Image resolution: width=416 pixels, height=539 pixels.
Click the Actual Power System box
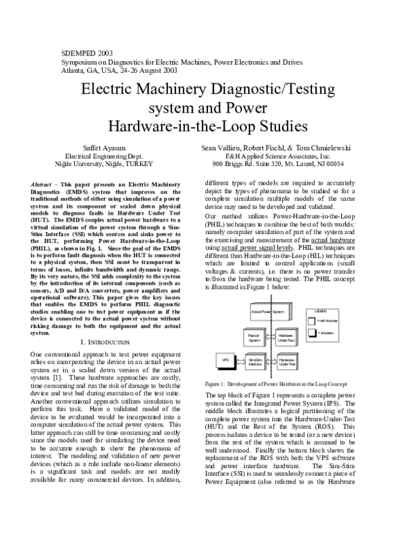tap(268, 313)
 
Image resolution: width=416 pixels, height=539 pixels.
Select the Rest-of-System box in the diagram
tap(254, 338)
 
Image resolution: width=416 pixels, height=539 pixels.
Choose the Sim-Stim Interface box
tap(254, 361)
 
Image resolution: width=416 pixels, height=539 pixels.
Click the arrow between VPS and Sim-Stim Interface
tap(239, 360)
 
